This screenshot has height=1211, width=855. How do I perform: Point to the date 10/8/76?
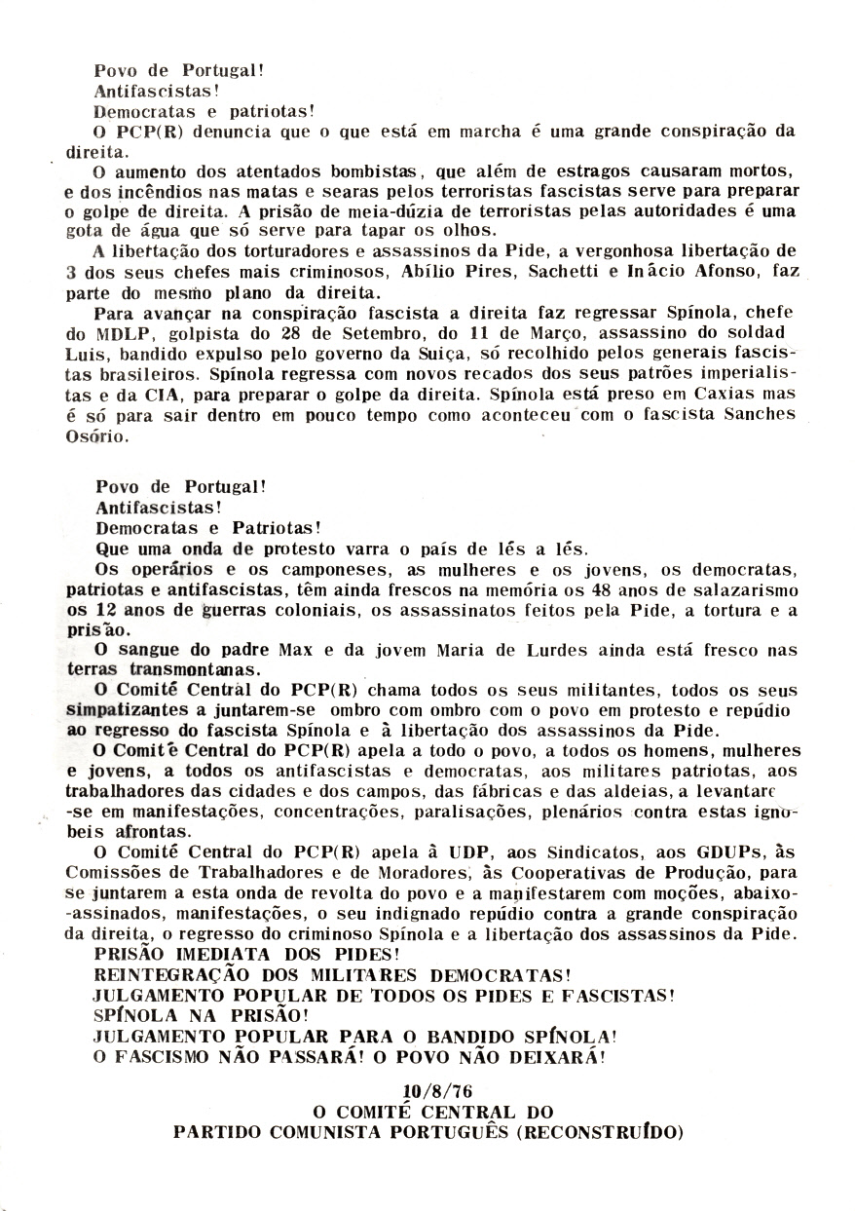tap(428, 1090)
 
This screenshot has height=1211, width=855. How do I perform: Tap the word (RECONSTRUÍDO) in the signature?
tap(602, 1132)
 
